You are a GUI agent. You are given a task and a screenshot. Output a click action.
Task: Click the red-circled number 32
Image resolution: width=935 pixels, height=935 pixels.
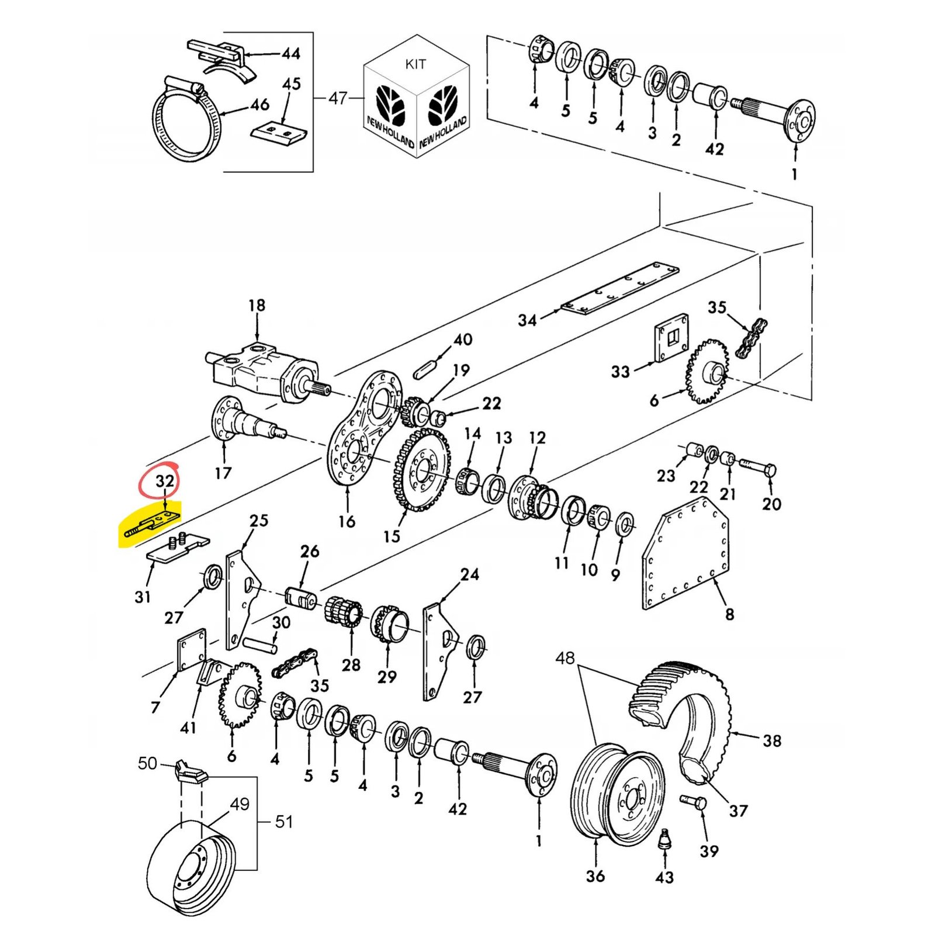pyautogui.click(x=164, y=481)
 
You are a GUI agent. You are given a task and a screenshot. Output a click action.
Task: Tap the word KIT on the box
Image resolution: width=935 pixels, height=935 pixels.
pyautogui.click(x=415, y=64)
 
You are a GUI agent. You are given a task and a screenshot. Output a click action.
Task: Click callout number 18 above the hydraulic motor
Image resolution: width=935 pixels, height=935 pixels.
pyautogui.click(x=257, y=305)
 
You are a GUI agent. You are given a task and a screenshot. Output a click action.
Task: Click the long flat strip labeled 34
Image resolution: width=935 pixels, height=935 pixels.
pyautogui.click(x=619, y=289)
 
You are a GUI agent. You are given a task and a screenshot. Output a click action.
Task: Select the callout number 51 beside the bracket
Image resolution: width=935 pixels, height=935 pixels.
pyautogui.click(x=284, y=822)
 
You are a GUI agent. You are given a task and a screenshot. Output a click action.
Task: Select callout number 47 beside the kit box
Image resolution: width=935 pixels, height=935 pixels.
pyautogui.click(x=337, y=98)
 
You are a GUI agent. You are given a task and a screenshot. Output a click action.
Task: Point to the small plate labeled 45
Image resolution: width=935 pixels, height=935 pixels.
pyautogui.click(x=279, y=133)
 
